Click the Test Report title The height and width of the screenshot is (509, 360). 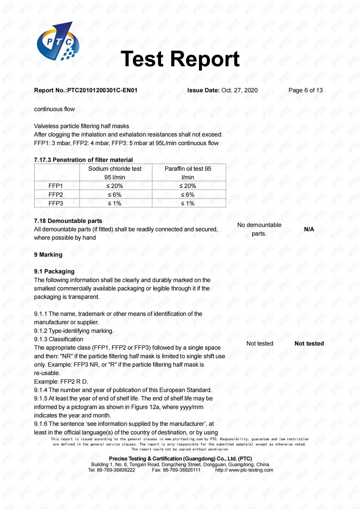180,59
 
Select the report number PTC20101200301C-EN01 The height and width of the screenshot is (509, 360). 102,90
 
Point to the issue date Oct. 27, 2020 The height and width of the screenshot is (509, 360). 239,90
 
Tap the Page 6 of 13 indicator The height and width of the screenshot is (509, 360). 305,90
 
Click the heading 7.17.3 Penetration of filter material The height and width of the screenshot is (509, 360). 83,160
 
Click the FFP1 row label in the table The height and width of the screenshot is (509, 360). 56,186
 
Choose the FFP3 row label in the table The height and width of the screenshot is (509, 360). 56,203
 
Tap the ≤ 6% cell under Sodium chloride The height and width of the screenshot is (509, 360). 115,195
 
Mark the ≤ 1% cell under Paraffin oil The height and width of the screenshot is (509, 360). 188,203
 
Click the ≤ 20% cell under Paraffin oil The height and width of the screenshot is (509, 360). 188,186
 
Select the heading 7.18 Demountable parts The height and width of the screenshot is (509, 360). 68,221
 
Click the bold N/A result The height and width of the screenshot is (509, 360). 309,229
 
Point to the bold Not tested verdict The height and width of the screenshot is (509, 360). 309,344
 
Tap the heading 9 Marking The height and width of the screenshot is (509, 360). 48,255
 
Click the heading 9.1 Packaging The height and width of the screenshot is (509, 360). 54,271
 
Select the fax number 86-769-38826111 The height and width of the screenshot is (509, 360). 181,470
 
